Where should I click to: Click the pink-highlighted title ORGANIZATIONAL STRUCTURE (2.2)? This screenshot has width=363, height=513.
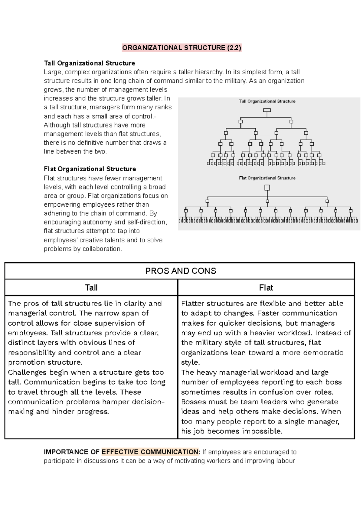pos(181,48)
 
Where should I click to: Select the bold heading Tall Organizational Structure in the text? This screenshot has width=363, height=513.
pos(89,63)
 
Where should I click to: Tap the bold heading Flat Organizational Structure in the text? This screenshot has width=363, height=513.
pos(90,169)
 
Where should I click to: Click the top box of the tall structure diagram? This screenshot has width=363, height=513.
pos(267,110)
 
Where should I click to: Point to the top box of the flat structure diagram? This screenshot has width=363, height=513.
pos(267,188)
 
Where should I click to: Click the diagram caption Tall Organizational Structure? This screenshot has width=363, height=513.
pos(267,101)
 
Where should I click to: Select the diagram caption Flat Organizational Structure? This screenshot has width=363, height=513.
pos(267,178)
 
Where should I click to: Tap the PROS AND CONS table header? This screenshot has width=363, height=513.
pos(181,271)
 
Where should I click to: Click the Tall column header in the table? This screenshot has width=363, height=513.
pos(91,288)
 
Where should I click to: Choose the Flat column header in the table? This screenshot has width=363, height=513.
pos(266,288)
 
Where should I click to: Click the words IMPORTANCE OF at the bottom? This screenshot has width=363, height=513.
pos(71,452)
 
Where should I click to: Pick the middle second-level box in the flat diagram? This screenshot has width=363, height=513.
pos(267,201)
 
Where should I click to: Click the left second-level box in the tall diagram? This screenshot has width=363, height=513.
pos(241,122)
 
